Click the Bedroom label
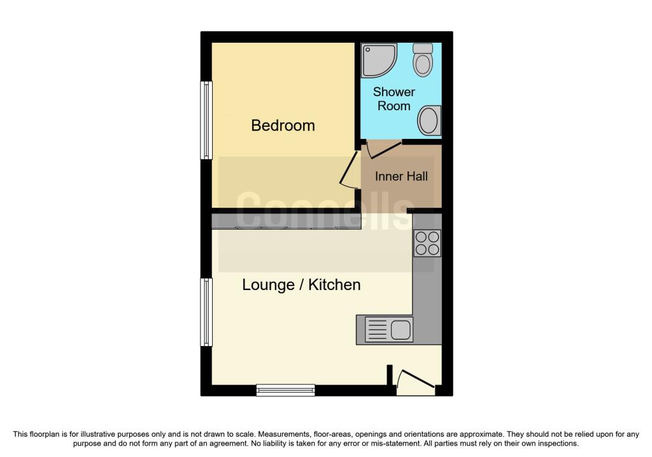pyautogui.click(x=283, y=126)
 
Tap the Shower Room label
pyautogui.click(x=393, y=99)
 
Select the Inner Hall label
pyautogui.click(x=401, y=177)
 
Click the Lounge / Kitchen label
pyautogui.click(x=301, y=285)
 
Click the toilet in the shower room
pyautogui.click(x=423, y=59)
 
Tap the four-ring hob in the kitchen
pyautogui.click(x=427, y=243)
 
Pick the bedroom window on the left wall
pyautogui.click(x=206, y=120)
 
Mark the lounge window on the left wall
pyautogui.click(x=206, y=312)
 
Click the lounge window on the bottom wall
pyautogui.click(x=286, y=390)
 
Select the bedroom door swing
pyautogui.click(x=348, y=171)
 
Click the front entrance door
pyautogui.click(x=416, y=382)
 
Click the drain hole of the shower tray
pyautogui.click(x=367, y=50)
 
